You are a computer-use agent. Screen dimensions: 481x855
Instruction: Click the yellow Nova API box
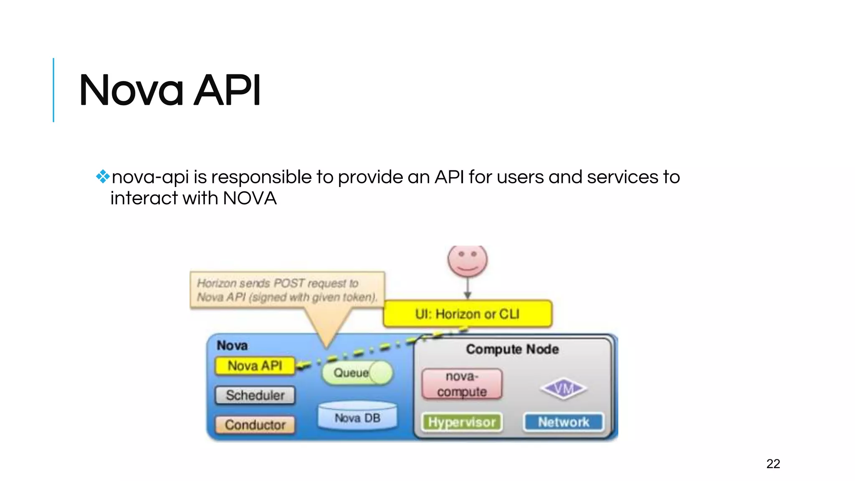pyautogui.click(x=255, y=366)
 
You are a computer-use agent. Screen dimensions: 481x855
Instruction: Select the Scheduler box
pyautogui.click(x=255, y=395)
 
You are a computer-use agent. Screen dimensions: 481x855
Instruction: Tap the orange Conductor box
pyautogui.click(x=255, y=425)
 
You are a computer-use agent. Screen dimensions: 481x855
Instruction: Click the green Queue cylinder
pyautogui.click(x=357, y=372)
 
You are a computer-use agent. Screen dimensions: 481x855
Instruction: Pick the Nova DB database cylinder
pyautogui.click(x=357, y=416)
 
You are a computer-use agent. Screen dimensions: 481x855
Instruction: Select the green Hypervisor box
pyautogui.click(x=462, y=422)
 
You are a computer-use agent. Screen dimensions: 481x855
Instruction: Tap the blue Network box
pyautogui.click(x=563, y=422)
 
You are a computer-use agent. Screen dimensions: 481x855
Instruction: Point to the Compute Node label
pyautogui.click(x=512, y=349)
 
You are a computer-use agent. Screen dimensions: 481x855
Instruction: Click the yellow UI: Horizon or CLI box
pyautogui.click(x=468, y=314)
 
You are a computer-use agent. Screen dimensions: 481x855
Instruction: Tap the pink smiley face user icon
pyautogui.click(x=468, y=260)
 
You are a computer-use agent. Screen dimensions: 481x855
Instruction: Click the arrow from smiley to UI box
pyautogui.click(x=468, y=289)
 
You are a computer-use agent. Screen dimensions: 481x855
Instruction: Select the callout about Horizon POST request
pyautogui.click(x=287, y=291)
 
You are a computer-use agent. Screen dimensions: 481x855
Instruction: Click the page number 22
pyautogui.click(x=773, y=463)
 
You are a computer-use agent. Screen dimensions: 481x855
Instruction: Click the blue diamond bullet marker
pyautogui.click(x=102, y=177)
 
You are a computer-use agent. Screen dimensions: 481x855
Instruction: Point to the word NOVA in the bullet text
pyautogui.click(x=250, y=198)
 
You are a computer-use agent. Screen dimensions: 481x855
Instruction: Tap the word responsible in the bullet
pyautogui.click(x=261, y=177)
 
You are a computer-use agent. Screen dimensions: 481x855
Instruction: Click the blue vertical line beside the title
pyautogui.click(x=53, y=90)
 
